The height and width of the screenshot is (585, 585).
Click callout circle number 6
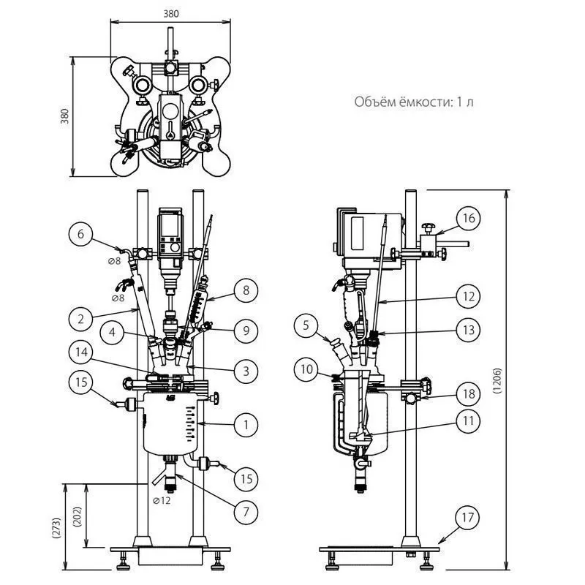point(80,234)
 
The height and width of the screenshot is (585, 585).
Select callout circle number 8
point(246,290)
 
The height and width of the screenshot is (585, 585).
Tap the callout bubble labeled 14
point(81,352)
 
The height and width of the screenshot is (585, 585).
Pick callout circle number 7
point(246,512)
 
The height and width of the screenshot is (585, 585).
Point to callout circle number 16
point(469,218)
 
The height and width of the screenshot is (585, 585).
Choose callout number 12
point(469,296)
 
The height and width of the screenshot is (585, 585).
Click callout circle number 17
point(468,518)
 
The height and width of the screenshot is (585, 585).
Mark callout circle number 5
point(306,325)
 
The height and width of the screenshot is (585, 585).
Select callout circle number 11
point(468,421)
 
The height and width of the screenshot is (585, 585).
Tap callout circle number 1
point(246,425)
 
